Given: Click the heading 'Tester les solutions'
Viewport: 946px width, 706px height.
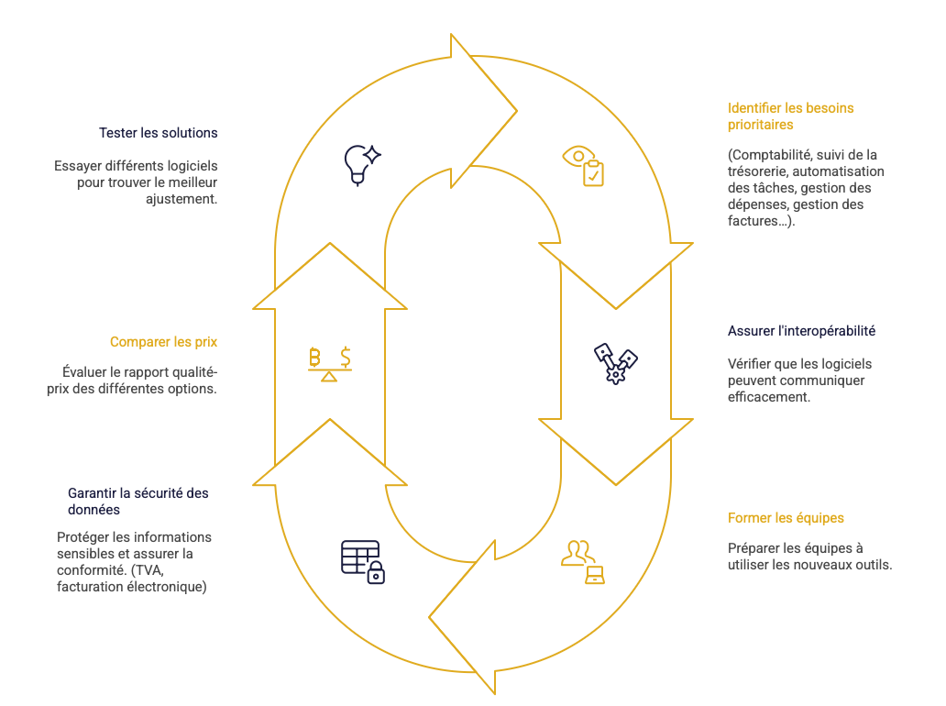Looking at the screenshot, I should coord(159,133).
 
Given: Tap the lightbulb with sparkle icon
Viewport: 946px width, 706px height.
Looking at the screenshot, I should coord(360,164).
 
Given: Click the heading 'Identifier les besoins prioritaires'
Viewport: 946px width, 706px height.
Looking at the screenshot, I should coord(790,116).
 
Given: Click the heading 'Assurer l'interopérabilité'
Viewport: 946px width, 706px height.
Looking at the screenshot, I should coord(801,331).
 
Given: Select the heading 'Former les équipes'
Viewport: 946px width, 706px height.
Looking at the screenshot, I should coord(786,518).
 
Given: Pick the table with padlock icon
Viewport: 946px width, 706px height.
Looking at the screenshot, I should coord(362,561).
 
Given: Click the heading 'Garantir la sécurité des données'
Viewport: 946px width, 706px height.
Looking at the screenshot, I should coord(137,502).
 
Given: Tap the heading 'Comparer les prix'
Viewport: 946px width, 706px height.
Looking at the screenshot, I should coord(163,342).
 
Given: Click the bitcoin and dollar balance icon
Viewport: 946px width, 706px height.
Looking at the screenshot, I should coord(329,363).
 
